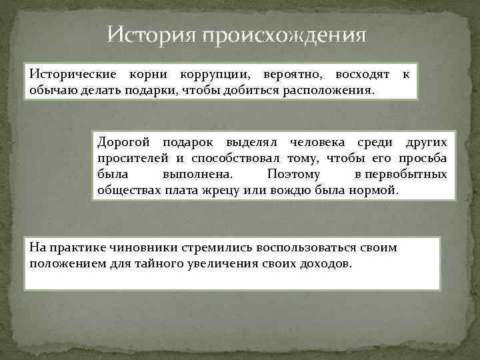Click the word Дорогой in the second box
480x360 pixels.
tap(122, 143)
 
